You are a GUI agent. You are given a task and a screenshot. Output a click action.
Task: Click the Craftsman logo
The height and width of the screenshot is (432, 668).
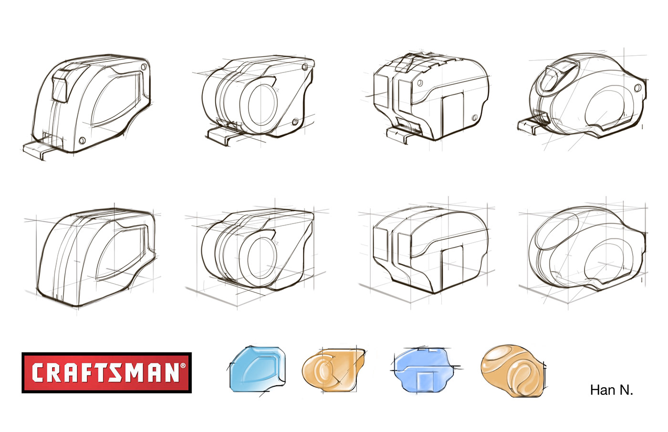tap(106, 373)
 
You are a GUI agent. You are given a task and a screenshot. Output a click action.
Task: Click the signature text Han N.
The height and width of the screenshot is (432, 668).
tap(611, 390)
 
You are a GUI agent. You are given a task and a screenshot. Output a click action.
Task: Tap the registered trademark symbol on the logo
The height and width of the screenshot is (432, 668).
tap(183, 365)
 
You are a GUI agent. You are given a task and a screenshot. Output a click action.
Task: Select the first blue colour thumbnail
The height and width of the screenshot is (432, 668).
tap(258, 369)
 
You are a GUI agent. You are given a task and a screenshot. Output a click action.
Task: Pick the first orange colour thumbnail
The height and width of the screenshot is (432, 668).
tap(333, 370)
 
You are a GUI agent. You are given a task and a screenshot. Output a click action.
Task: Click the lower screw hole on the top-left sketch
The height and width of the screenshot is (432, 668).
tap(82, 141)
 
